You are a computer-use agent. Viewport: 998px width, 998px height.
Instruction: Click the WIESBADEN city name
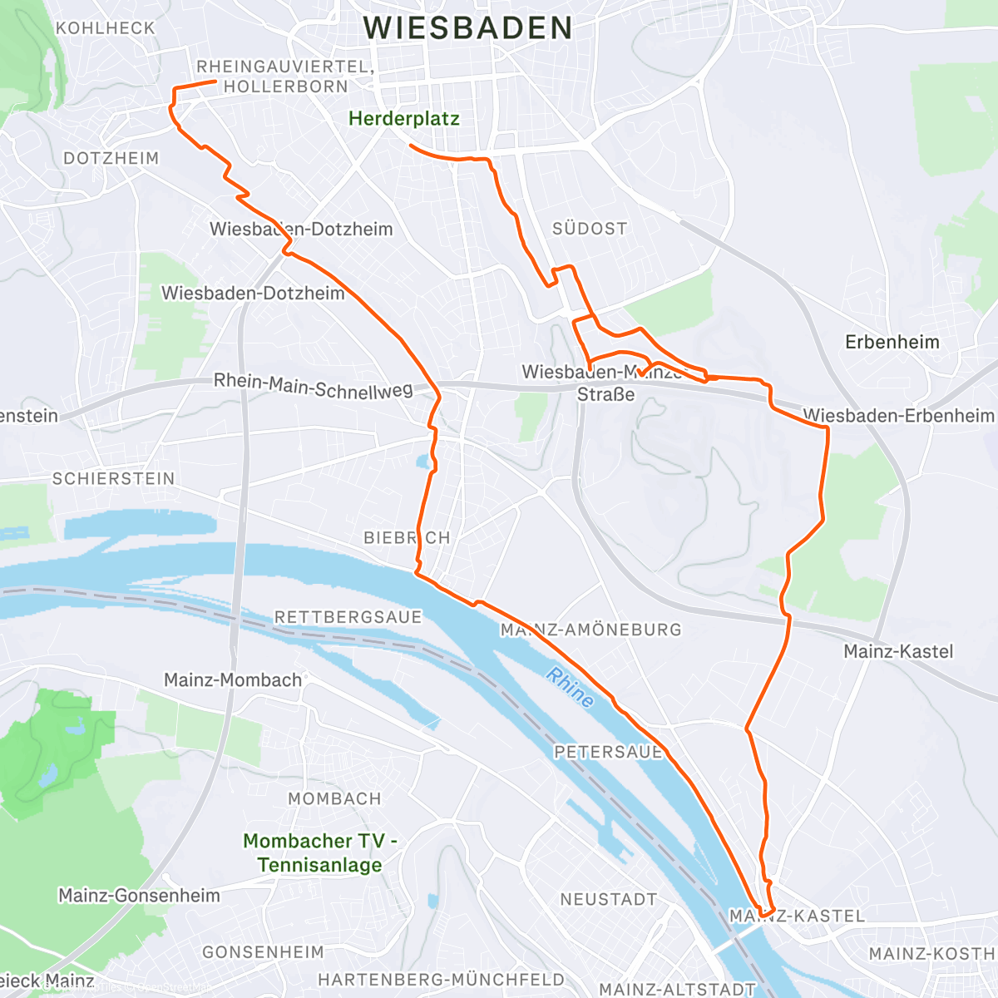pyautogui.click(x=467, y=28)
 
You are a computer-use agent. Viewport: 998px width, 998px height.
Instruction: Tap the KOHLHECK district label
pyautogui.click(x=105, y=28)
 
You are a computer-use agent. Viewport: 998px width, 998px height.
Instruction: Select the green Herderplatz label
pyautogui.click(x=403, y=119)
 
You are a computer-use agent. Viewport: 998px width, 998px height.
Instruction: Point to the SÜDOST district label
pyautogui.click(x=590, y=229)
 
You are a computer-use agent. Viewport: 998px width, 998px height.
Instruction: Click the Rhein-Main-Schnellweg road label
pyautogui.click(x=313, y=386)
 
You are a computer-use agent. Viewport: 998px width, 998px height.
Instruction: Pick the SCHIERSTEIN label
pyautogui.click(x=113, y=479)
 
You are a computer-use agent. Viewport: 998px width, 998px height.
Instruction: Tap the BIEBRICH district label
pyautogui.click(x=407, y=538)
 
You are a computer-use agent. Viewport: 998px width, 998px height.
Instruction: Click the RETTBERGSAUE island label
pyautogui.click(x=348, y=617)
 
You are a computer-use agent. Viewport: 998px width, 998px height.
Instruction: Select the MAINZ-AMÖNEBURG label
pyautogui.click(x=590, y=630)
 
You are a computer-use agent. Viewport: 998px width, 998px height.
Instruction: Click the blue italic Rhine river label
pyautogui.click(x=571, y=688)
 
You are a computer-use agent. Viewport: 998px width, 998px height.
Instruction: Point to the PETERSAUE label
pyautogui.click(x=608, y=752)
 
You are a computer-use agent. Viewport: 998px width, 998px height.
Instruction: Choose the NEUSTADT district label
pyautogui.click(x=608, y=899)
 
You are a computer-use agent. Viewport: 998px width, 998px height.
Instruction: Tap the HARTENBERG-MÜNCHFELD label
pyautogui.click(x=441, y=980)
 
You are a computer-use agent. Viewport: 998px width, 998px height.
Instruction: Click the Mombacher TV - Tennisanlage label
pyautogui.click(x=320, y=852)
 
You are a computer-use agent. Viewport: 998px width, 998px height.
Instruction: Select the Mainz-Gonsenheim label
pyautogui.click(x=139, y=896)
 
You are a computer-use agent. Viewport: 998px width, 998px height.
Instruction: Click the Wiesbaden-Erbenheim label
pyautogui.click(x=898, y=415)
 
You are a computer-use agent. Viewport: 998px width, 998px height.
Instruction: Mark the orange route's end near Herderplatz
pyautogui.click(x=411, y=146)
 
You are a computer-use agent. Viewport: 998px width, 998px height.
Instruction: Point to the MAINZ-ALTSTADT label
pyautogui.click(x=677, y=989)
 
